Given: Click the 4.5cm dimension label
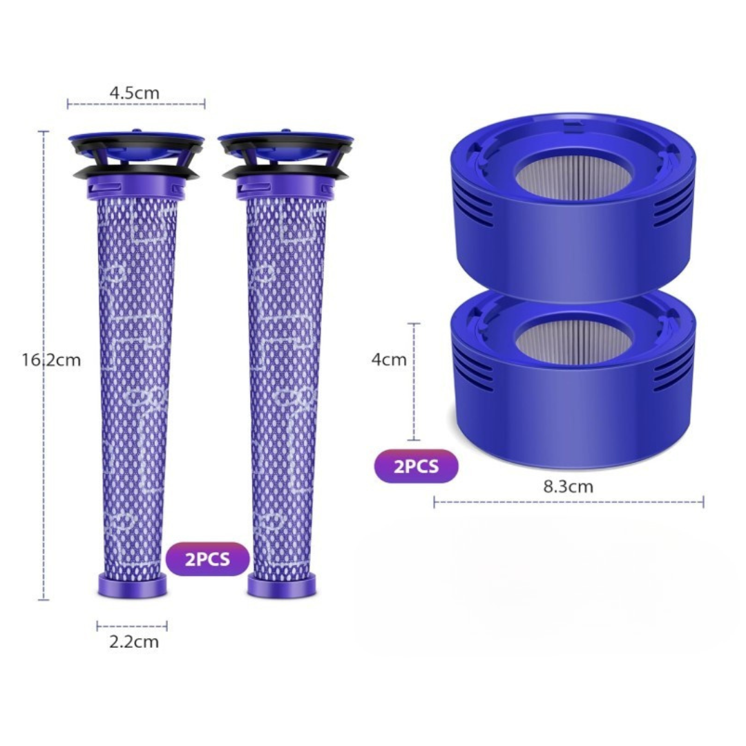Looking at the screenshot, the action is (135, 93).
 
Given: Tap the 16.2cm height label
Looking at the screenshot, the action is (51, 360).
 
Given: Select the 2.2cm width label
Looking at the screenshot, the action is (134, 642).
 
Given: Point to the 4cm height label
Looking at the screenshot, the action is (389, 360).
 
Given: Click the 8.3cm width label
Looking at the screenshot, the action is (568, 487).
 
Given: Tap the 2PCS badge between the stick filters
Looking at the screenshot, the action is (207, 559).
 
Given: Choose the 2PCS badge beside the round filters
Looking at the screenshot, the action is (417, 466).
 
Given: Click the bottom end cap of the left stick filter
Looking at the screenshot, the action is (132, 586).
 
